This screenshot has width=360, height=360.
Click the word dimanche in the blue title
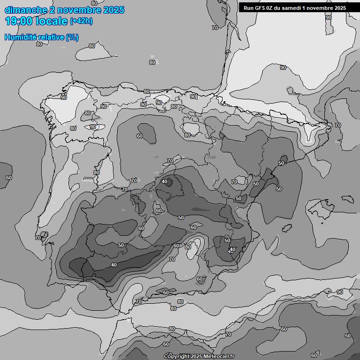pyautogui.click(x=26, y=10)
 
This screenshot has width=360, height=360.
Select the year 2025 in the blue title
pyautogui.click(x=113, y=10)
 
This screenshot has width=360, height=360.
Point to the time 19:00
pyautogui.click(x=19, y=21)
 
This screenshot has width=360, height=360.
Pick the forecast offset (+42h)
pyautogui.click(x=81, y=22)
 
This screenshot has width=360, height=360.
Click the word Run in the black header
pyautogui.click(x=248, y=8)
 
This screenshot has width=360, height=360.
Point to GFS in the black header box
pyautogui.click(x=260, y=8)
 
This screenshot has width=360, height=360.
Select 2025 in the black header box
pyautogui.click(x=340, y=8)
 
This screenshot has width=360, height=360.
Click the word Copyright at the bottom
pyautogui.click(x=177, y=357)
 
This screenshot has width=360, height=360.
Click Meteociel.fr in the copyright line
pyautogui.click(x=219, y=357)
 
